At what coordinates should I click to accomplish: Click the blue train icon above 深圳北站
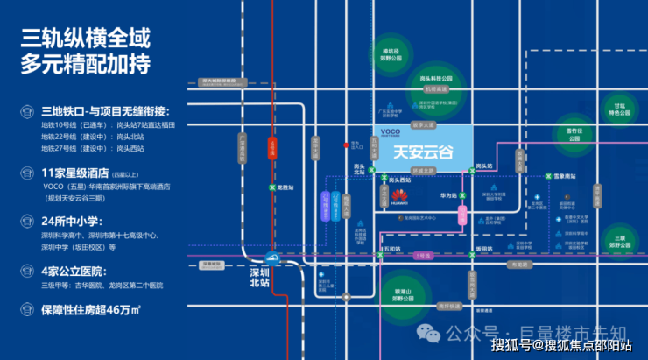pyautogui.click(x=272, y=258)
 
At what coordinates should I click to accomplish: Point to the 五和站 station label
pyautogui.click(x=391, y=249)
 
